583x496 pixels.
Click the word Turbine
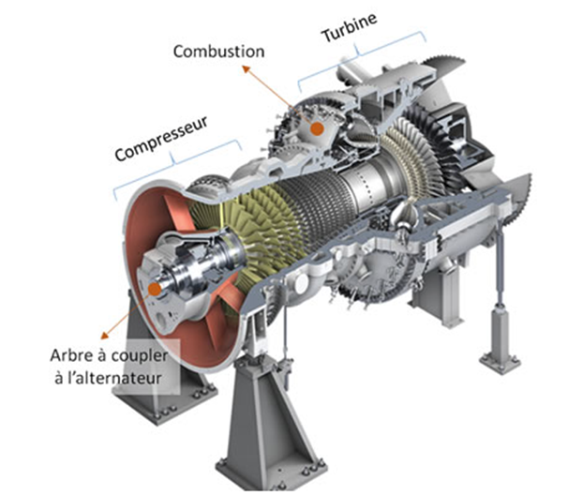349,27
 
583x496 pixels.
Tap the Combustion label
218,52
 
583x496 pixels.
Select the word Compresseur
160,139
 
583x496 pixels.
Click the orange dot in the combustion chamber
317,128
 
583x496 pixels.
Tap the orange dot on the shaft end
155,289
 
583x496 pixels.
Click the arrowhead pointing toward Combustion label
247,68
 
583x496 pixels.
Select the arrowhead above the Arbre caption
105,336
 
